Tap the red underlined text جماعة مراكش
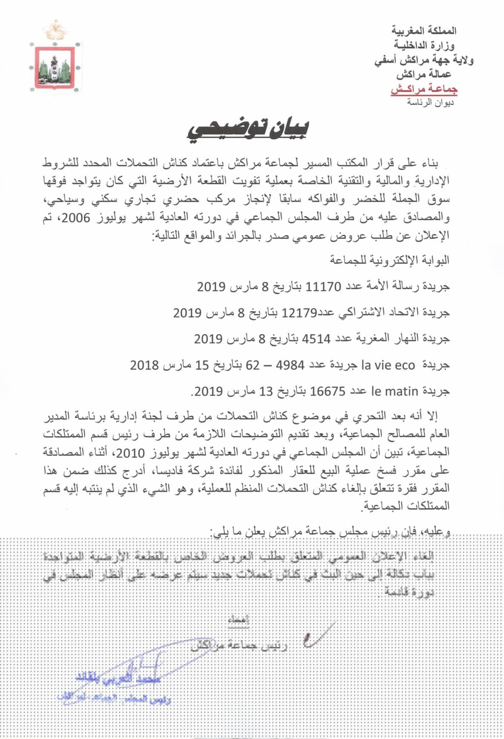424,90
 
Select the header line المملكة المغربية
424,30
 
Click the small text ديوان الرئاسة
430,102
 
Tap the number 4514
316,339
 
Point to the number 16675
328,391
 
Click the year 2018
144,365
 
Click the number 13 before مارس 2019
266,391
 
